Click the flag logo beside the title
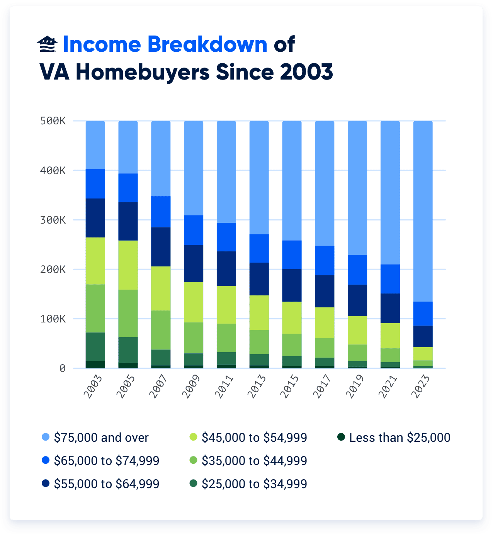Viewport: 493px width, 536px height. tap(47, 44)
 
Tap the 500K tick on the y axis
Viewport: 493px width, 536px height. tap(53, 121)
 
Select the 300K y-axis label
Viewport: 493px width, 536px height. tap(53, 220)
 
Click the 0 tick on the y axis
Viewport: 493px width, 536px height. tap(62, 368)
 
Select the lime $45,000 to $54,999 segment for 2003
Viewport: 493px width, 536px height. tap(95, 261)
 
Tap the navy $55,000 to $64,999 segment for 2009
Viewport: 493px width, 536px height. tap(194, 263)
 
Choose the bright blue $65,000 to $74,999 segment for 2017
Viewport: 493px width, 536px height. tap(325, 260)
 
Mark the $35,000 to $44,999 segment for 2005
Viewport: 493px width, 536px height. tap(128, 313)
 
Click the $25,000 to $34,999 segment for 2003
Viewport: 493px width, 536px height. tap(95, 346)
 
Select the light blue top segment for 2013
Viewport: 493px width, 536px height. tap(259, 178)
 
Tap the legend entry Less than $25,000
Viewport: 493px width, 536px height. tap(399, 438)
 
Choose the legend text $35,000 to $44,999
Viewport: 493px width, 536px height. tap(254, 461)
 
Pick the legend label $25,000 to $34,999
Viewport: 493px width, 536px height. tap(254, 484)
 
